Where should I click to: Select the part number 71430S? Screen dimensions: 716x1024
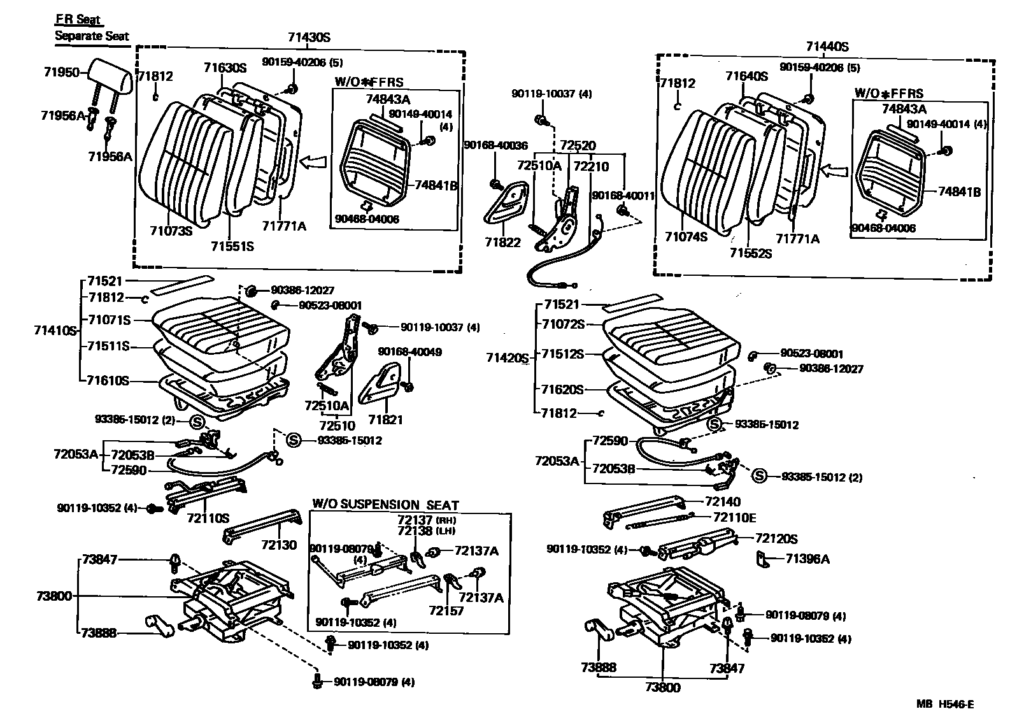309,38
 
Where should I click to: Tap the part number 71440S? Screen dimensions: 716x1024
827,47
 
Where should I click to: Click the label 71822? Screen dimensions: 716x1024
502,243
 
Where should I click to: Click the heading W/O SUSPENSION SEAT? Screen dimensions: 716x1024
385,505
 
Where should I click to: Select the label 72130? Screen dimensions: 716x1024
278,545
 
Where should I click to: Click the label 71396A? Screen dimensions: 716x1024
807,559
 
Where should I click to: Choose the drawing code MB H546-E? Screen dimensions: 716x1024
945,704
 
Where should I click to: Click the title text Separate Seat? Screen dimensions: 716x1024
91,36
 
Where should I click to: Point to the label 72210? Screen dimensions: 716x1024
591,167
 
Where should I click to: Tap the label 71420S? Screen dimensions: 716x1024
508,358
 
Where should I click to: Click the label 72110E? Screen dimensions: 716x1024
734,518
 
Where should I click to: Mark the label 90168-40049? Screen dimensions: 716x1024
409,352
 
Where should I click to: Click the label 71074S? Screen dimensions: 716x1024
686,236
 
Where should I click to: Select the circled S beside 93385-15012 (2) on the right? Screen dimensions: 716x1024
758,475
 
